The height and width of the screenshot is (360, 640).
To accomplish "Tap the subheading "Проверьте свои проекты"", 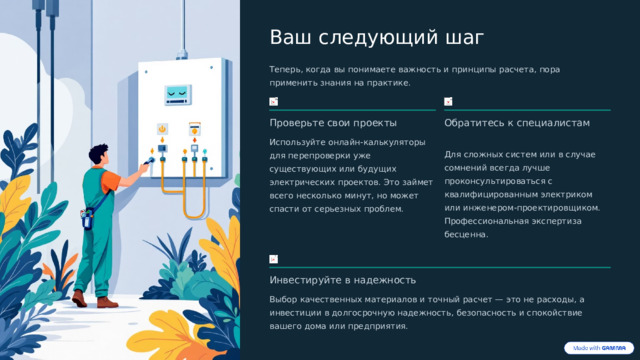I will point(333,123).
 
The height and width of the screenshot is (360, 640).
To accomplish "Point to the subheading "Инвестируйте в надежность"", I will point(343,279).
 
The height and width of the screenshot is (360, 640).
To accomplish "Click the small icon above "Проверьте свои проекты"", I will point(274,103).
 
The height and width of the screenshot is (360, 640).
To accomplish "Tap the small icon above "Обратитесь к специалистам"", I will point(449,103).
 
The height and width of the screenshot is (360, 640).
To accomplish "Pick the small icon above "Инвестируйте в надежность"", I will point(274,259).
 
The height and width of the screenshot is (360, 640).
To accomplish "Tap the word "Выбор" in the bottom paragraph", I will point(284,299).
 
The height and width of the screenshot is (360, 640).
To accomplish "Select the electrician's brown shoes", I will point(95,301).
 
